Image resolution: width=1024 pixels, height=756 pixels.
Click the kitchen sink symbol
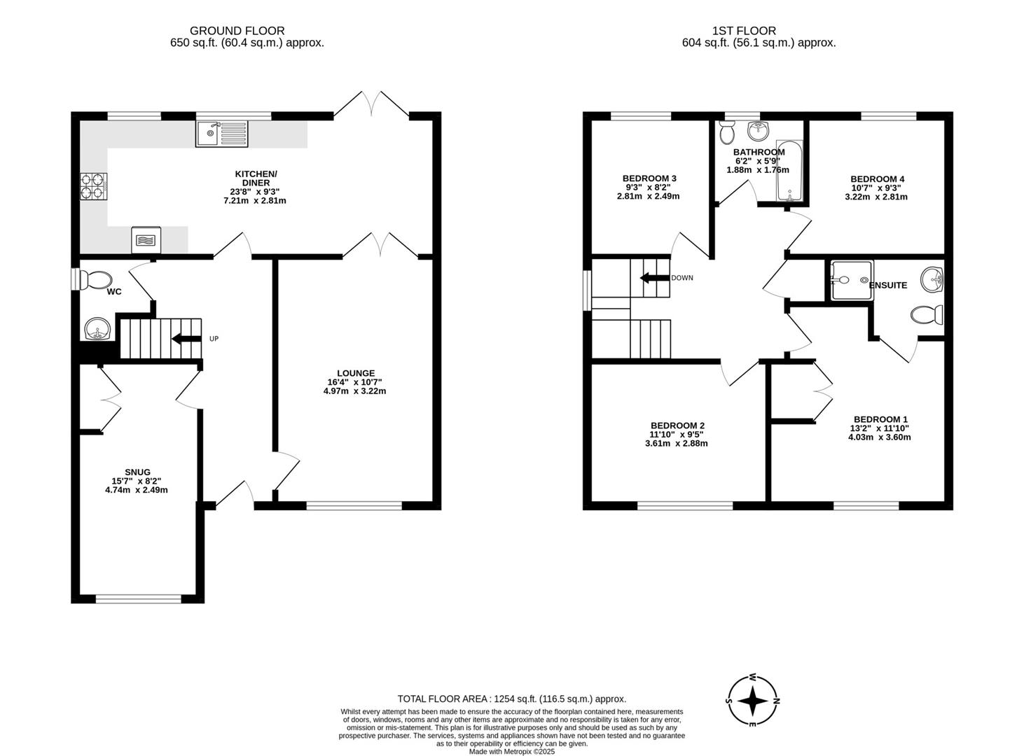221,133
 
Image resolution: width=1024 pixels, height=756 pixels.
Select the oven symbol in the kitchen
146,239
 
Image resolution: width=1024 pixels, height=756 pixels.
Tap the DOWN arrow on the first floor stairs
654,278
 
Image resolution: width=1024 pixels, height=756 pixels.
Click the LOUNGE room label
356,373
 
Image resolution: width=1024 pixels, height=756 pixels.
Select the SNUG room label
137,472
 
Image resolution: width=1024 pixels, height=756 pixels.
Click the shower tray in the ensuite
851,280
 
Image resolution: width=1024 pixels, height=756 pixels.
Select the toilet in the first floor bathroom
726,132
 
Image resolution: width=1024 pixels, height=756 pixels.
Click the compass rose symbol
752,700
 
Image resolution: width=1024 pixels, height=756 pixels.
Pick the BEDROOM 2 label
677,426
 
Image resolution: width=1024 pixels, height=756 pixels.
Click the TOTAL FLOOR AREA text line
511,699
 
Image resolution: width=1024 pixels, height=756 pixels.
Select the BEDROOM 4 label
877,179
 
